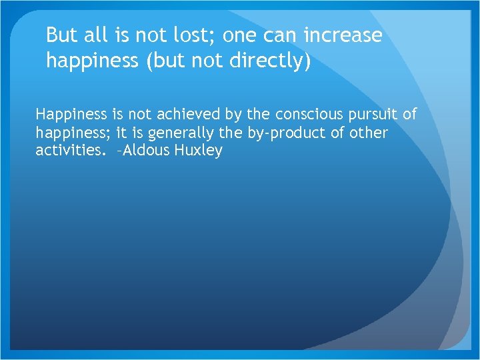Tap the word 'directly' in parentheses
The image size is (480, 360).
click(x=270, y=61)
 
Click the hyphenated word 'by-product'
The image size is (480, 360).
click(x=289, y=133)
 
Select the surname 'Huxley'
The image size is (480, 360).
click(x=198, y=151)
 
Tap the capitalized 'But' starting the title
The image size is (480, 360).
click(x=62, y=35)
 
